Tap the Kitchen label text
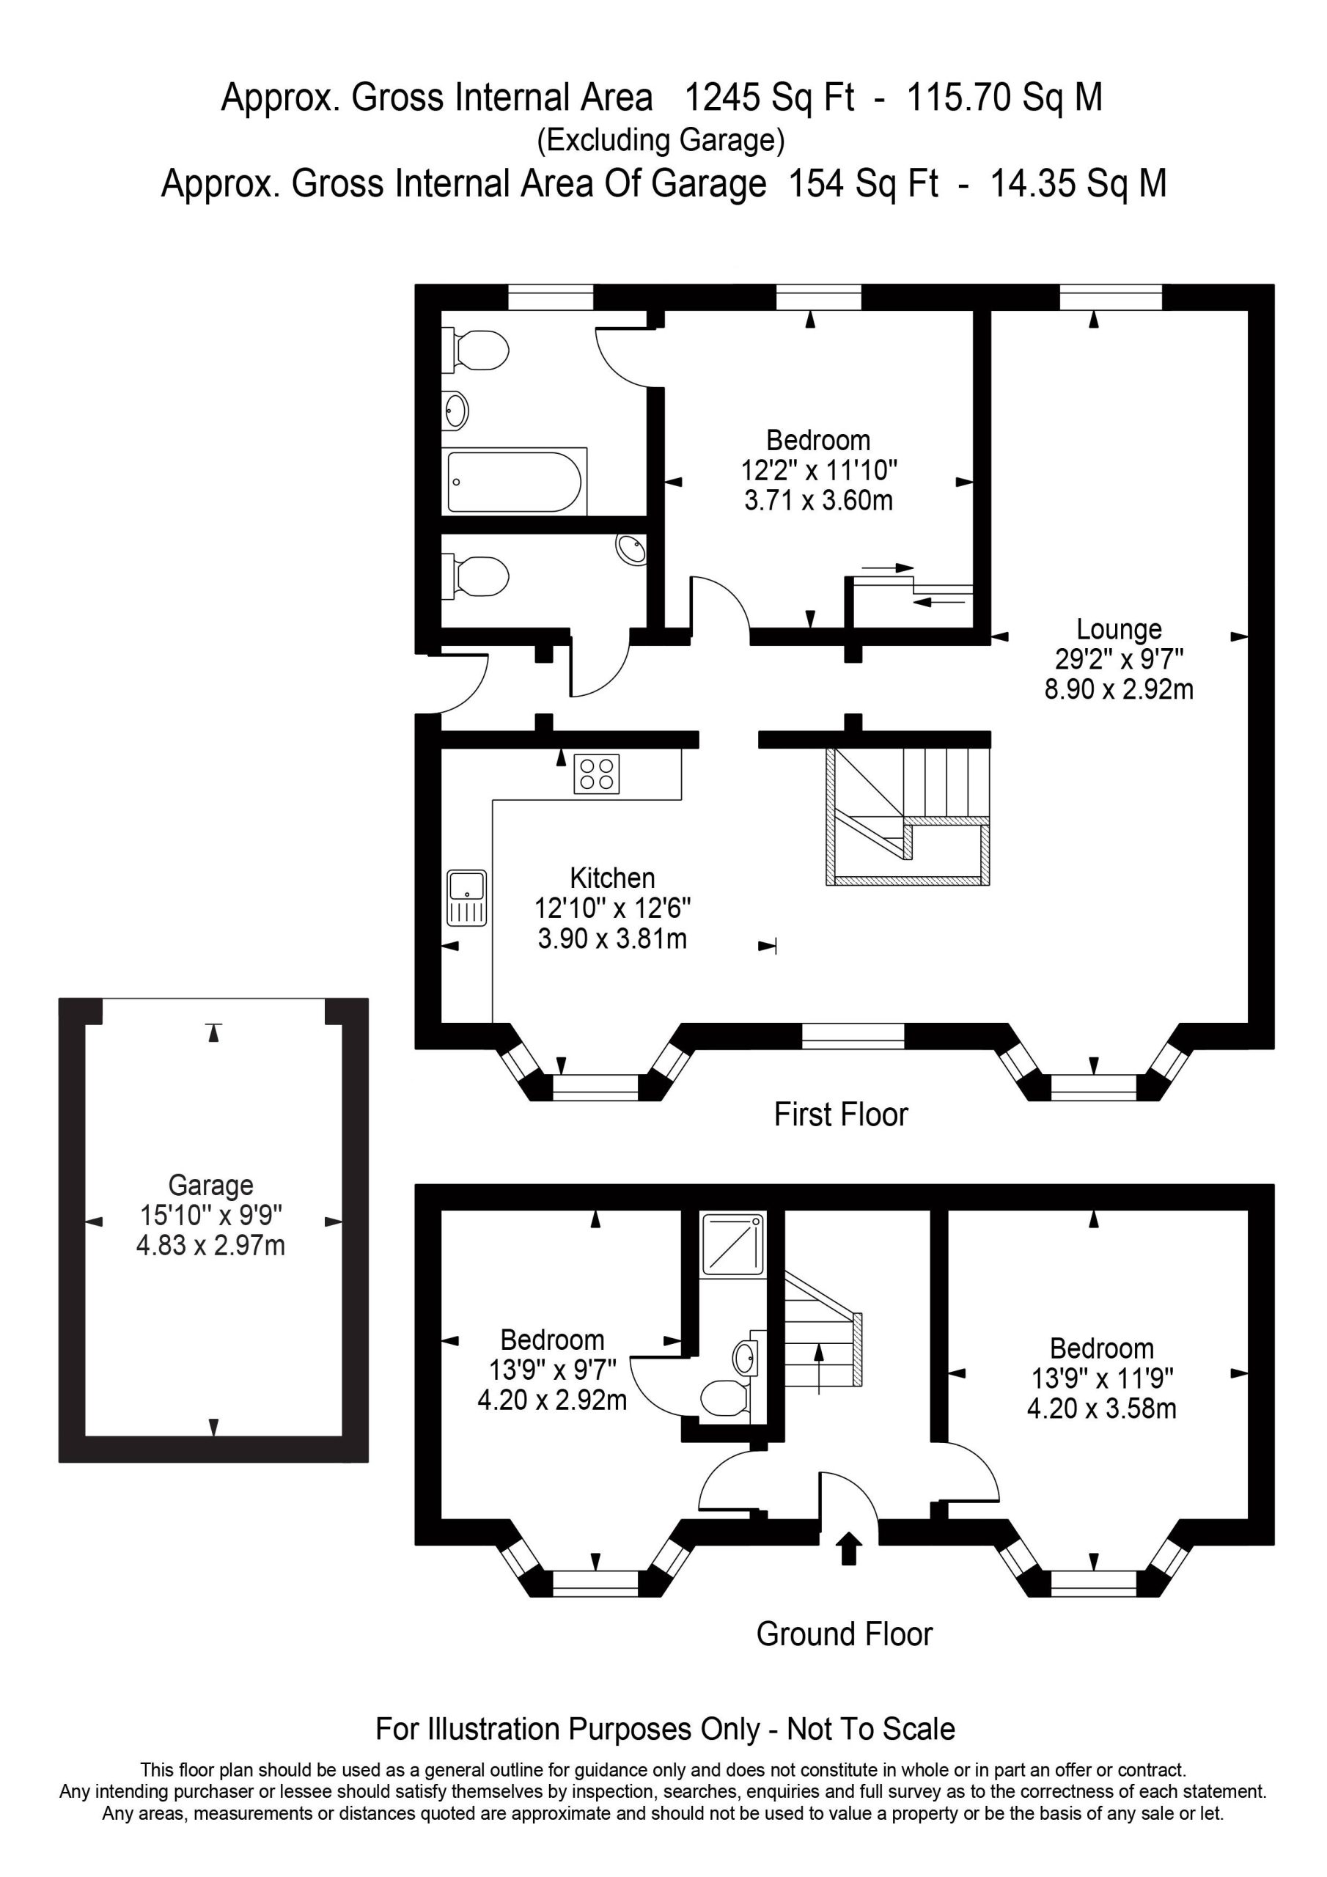(x=612, y=878)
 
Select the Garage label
(x=211, y=1186)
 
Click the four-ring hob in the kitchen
(x=597, y=774)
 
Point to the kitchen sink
(x=467, y=897)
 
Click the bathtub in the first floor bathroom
(x=514, y=482)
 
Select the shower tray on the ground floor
(x=733, y=1244)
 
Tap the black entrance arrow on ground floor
(x=850, y=1549)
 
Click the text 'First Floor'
(x=842, y=1114)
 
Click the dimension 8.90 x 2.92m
(x=1119, y=689)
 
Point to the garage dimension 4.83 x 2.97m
(x=211, y=1246)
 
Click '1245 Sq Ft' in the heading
(x=768, y=98)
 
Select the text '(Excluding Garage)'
(x=661, y=141)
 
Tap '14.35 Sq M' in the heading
(x=1078, y=183)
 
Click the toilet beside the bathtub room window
(x=475, y=350)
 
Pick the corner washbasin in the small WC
(x=631, y=549)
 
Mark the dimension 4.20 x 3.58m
(x=1101, y=1408)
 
